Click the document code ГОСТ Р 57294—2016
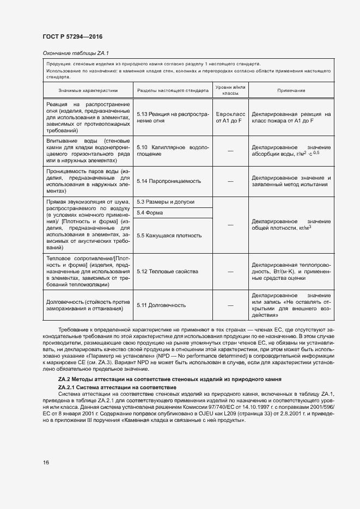click(x=72, y=36)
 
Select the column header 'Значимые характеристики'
click(x=88, y=90)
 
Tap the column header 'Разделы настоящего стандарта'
click(x=173, y=90)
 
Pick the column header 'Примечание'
click(x=291, y=90)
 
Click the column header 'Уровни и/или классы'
click(x=230, y=90)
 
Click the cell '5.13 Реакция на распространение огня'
click(x=173, y=118)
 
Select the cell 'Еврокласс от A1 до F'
click(x=230, y=118)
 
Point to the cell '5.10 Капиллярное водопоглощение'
click(x=173, y=151)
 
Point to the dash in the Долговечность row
click(x=230, y=305)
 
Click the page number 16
click(x=46, y=463)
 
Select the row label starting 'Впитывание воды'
click(x=88, y=151)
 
